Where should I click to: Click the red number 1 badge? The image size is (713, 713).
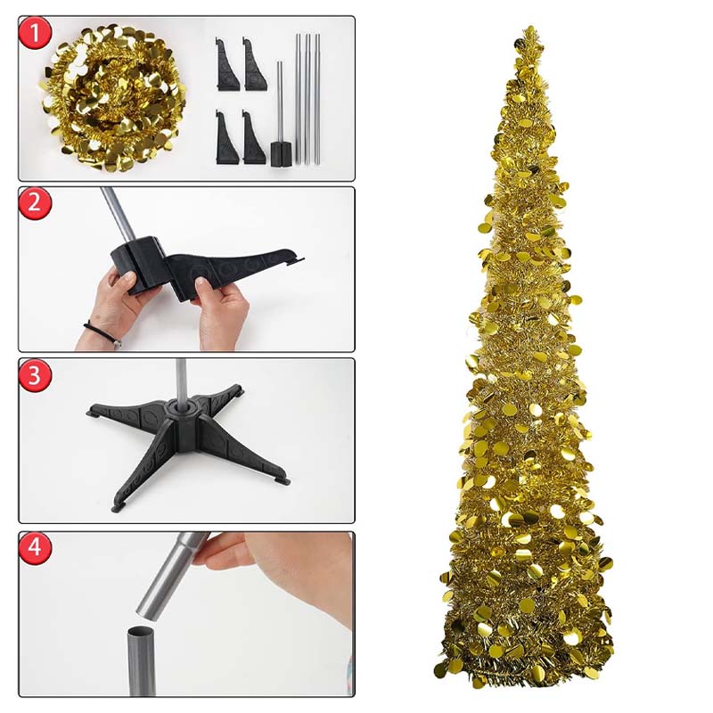click(x=36, y=35)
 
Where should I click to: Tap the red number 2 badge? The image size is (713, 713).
click(x=36, y=203)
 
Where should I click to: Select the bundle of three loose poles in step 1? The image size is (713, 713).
click(x=307, y=98)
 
